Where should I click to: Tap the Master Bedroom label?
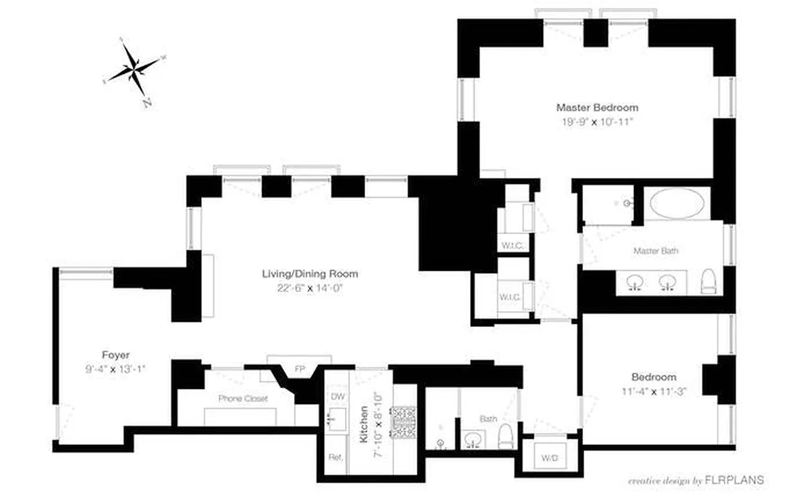coord(597,108)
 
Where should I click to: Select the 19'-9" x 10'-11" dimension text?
coord(597,122)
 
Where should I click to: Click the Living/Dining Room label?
coord(310,274)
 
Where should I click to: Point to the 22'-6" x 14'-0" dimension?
coord(310,288)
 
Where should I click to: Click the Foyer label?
coord(116,355)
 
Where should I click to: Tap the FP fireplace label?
coord(300,369)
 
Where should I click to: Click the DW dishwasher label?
coord(336,396)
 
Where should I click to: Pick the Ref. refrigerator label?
coord(335,457)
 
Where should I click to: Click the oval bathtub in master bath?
coord(677,204)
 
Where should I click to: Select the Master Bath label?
coord(656,251)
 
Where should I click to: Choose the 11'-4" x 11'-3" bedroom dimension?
coord(653,391)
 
